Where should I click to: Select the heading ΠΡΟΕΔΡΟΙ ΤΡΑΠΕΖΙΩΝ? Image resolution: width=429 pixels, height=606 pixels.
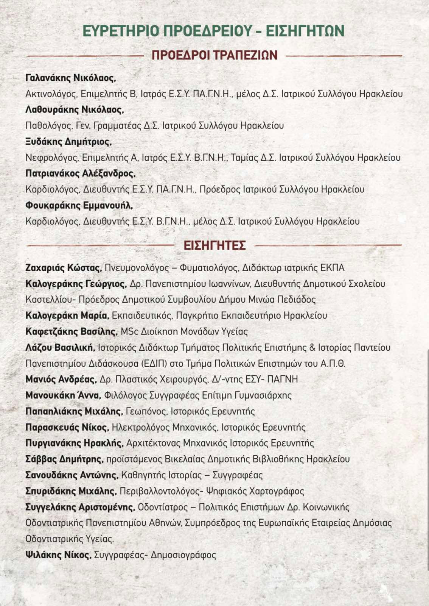point(214,55)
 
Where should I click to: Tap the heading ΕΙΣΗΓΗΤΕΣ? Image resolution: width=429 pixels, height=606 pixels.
point(214,245)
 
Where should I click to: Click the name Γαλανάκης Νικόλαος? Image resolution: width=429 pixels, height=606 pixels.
point(70,78)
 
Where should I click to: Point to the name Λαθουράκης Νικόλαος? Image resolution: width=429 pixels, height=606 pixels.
point(75,110)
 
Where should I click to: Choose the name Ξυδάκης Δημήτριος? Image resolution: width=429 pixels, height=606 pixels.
point(68,142)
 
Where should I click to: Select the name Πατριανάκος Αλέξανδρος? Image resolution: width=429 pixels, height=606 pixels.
point(80,173)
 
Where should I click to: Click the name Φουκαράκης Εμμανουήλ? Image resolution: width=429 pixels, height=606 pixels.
point(79,205)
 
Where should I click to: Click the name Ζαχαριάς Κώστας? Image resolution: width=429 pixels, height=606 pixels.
point(63,268)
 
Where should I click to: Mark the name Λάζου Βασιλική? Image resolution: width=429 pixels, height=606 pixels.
point(60,347)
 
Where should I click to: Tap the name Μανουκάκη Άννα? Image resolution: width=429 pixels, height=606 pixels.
point(63,395)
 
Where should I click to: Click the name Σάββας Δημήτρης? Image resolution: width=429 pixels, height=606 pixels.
point(64,459)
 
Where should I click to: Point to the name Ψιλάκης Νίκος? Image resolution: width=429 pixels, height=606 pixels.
point(58,555)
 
